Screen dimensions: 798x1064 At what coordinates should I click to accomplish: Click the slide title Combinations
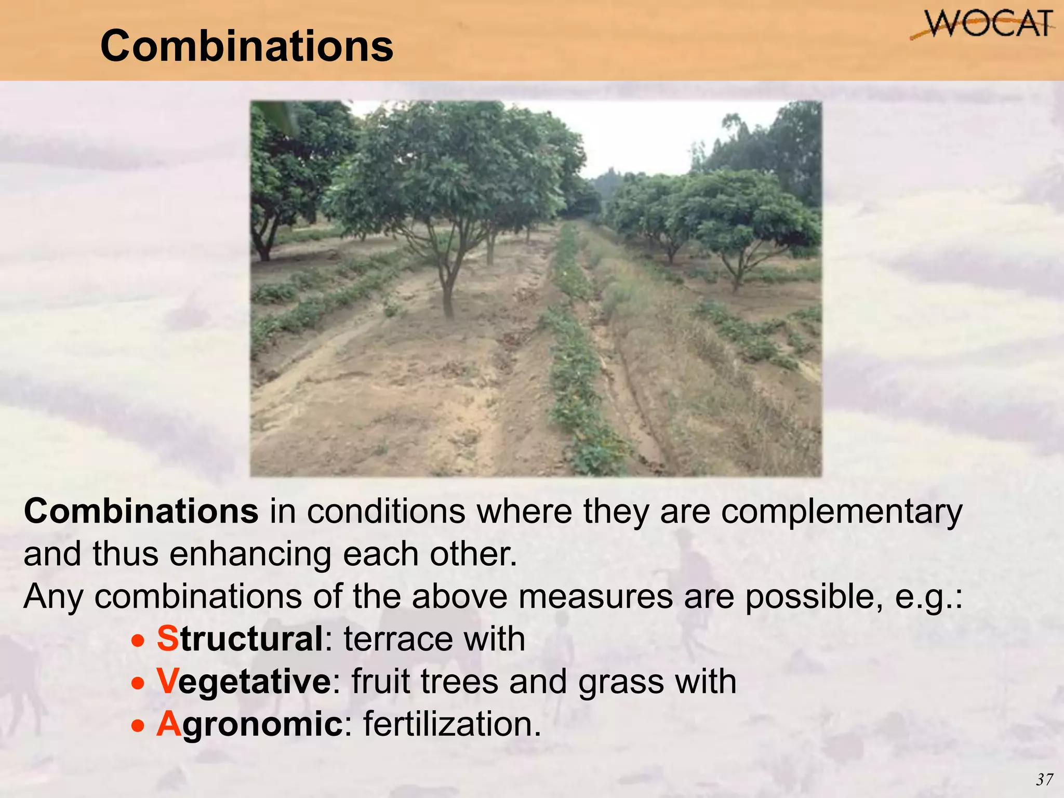click(247, 46)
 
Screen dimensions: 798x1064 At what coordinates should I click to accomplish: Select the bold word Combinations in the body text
click(141, 512)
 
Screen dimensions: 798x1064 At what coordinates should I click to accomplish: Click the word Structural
click(240, 639)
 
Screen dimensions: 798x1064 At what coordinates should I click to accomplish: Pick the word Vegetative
click(244, 681)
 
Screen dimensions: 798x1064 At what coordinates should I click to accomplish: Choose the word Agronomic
click(249, 724)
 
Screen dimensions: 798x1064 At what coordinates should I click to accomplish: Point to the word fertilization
click(451, 724)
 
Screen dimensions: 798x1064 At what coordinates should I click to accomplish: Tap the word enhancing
click(250, 554)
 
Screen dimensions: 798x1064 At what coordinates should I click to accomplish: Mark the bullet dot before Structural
click(138, 641)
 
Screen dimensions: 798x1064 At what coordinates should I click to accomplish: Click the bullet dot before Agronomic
click(138, 726)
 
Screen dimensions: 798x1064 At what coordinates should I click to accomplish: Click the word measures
click(595, 596)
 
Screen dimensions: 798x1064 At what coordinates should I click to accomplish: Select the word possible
click(814, 597)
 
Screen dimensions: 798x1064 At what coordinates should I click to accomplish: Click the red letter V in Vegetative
click(167, 681)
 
